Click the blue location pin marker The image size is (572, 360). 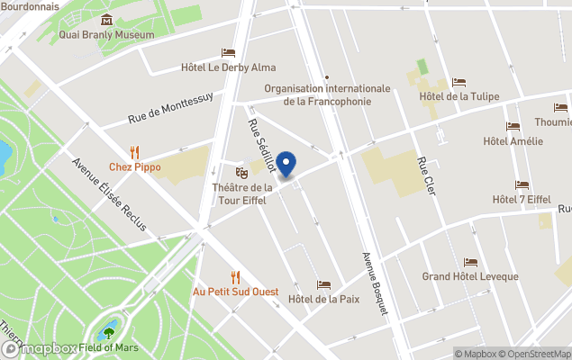286,165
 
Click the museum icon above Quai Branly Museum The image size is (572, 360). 107,20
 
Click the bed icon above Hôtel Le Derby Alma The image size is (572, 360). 228,53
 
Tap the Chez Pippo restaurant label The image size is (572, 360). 134,166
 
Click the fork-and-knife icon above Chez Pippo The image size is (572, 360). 134,151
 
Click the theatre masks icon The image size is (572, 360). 241,171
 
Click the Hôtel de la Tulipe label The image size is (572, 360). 459,97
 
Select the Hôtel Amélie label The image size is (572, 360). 513,140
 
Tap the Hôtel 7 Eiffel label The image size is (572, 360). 522,199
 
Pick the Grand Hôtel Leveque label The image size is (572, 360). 470,276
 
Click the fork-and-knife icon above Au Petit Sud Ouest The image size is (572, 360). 236,276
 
